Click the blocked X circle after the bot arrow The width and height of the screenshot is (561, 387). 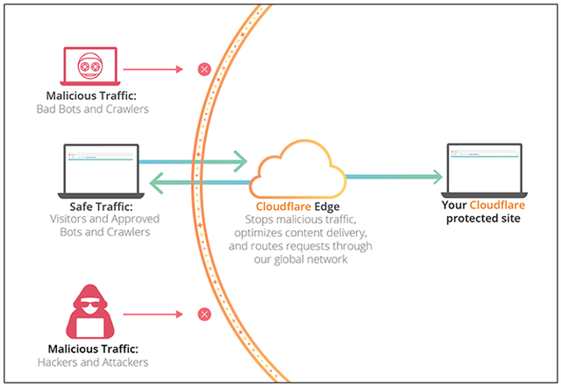pyautogui.click(x=204, y=68)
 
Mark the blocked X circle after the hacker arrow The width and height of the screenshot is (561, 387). pyautogui.click(x=204, y=313)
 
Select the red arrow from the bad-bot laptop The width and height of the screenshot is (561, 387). pyautogui.click(x=153, y=68)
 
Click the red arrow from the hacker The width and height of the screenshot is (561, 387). pyautogui.click(x=153, y=313)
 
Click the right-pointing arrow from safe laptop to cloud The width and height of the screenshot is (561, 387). pyautogui.click(x=193, y=161)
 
